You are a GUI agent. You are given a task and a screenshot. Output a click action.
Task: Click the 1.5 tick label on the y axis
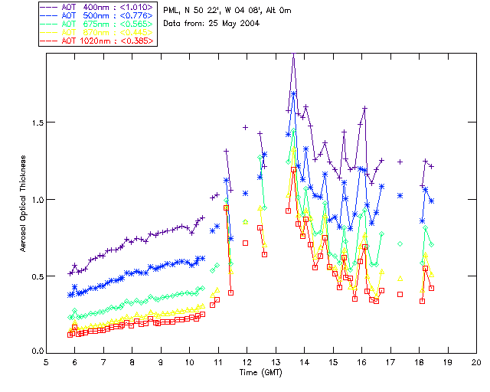pyautogui.click(x=34, y=122)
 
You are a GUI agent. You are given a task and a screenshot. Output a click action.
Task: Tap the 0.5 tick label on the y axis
pyautogui.click(x=34, y=276)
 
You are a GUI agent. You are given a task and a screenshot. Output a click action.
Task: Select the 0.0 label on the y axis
pyautogui.click(x=34, y=352)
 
